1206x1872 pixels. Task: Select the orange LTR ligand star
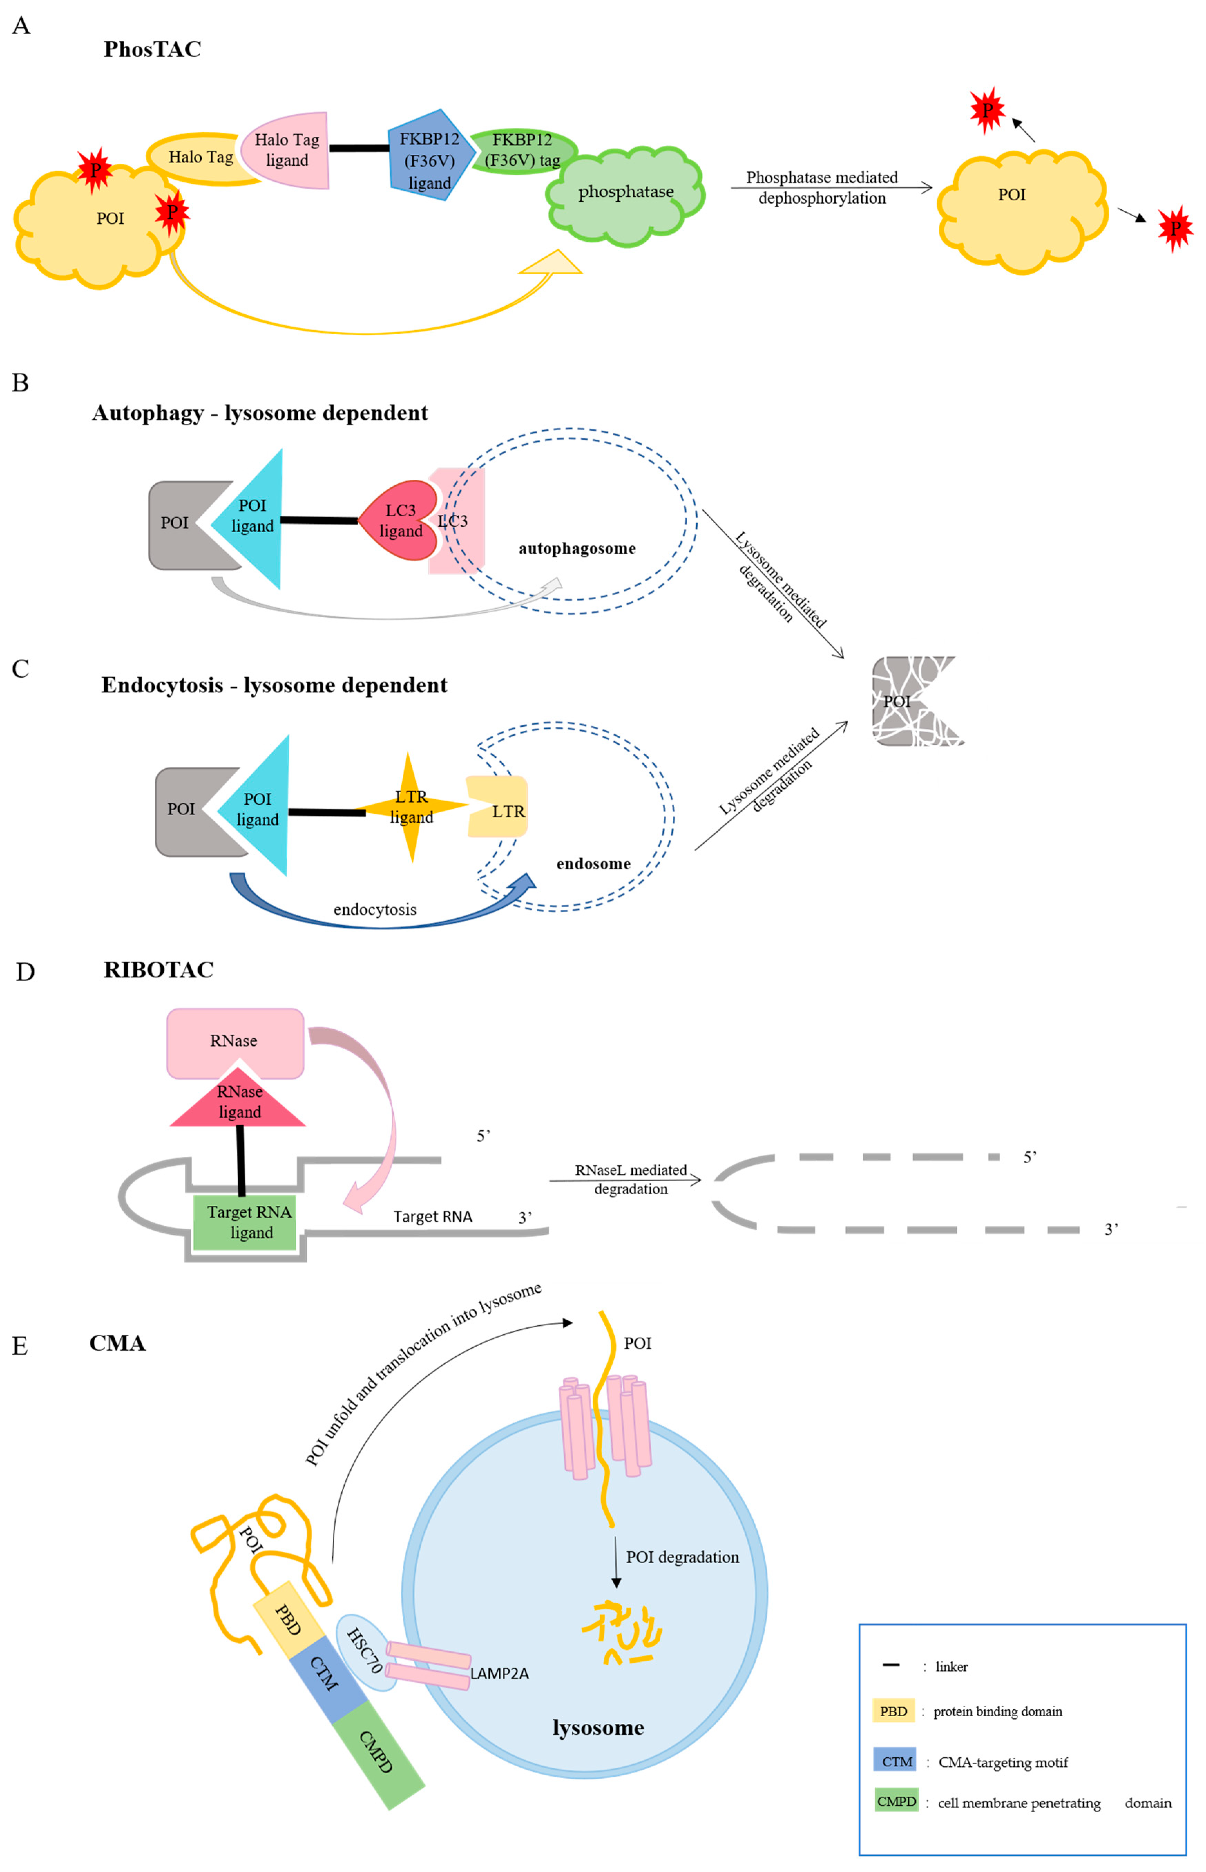tap(411, 806)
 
